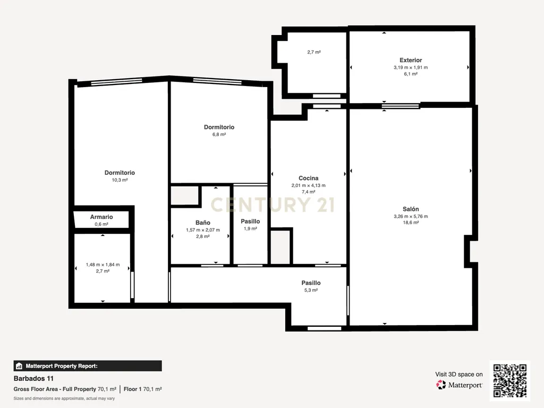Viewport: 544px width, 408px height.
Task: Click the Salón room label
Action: [411, 209]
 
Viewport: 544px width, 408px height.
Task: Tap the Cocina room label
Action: [309, 178]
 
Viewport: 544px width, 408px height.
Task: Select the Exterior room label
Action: [411, 60]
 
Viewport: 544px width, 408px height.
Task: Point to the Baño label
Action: [202, 223]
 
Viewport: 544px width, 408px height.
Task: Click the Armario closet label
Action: [101, 217]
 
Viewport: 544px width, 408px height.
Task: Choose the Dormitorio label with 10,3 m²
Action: [120, 173]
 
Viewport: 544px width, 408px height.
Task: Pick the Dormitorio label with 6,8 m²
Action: [219, 127]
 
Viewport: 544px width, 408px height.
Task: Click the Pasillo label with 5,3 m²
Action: [311, 283]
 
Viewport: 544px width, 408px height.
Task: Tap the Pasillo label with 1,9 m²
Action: [250, 221]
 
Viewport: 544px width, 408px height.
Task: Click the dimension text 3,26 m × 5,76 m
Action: [411, 216]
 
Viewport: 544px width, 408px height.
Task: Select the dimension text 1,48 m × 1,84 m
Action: [103, 265]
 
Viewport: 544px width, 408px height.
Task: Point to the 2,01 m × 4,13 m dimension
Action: [309, 185]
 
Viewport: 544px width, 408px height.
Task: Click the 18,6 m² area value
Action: [411, 223]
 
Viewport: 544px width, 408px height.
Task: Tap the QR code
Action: [510, 380]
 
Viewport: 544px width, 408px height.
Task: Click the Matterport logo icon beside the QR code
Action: [441, 385]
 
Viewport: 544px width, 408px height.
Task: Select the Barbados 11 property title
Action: [33, 378]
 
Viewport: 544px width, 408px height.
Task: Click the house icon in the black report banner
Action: [19, 366]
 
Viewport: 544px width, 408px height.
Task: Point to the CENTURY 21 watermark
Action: [273, 205]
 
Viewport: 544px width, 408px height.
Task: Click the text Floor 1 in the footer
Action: [132, 389]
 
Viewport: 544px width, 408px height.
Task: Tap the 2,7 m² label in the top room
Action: [314, 52]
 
